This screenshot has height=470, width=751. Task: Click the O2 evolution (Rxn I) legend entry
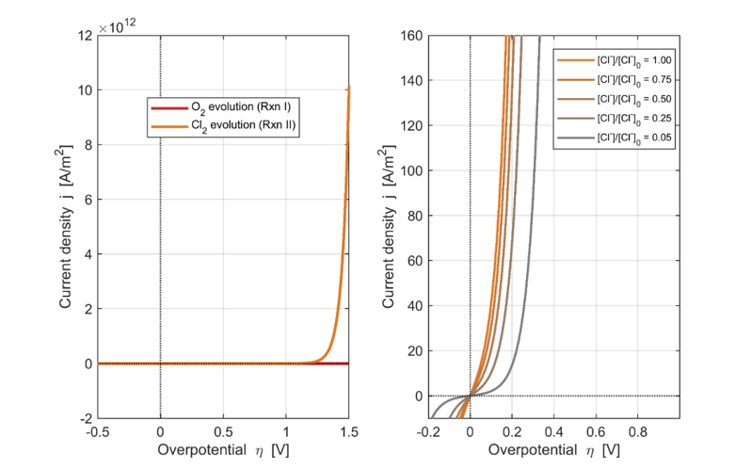tap(221, 107)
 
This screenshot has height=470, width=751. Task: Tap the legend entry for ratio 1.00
tap(615, 61)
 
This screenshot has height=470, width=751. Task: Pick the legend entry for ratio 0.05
tap(615, 138)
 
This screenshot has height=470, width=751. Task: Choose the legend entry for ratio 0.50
tap(615, 100)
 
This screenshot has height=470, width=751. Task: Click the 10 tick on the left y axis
tap(86, 90)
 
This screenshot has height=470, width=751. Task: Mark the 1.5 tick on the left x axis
tap(349, 432)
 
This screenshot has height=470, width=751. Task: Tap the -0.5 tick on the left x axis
tap(98, 432)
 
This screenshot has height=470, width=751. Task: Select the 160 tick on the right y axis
tap(411, 36)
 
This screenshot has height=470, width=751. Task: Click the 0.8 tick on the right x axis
tap(637, 432)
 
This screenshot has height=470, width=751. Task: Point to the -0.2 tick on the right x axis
tap(428, 432)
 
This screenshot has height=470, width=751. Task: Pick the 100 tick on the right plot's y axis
tap(411, 170)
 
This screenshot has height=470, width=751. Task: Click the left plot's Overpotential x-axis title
tap(223, 450)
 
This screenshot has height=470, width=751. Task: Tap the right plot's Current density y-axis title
tap(389, 227)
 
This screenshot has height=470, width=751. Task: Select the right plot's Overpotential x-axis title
tap(554, 450)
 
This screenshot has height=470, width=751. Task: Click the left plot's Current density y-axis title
tap(66, 227)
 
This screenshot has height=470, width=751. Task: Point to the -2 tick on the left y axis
tap(87, 419)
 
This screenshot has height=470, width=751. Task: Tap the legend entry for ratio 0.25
tap(615, 119)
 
